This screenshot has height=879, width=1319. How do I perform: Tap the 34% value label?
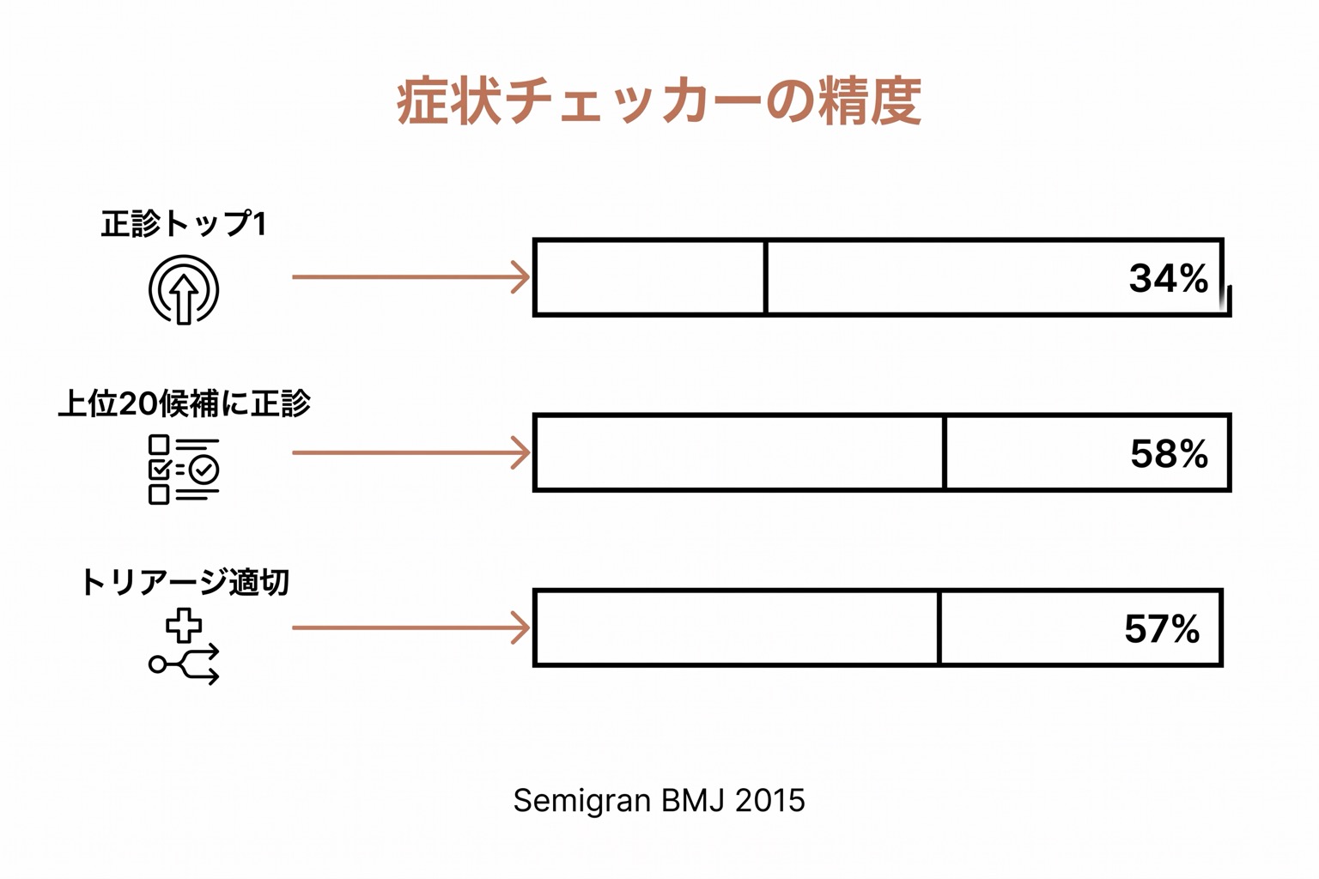[1168, 278]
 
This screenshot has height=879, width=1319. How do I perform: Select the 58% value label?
[1169, 454]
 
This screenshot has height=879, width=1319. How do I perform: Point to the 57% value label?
[1162, 629]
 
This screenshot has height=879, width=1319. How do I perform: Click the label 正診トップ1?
[184, 224]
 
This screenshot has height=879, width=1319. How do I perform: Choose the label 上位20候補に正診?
[185, 404]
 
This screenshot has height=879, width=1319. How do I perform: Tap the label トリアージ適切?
[185, 582]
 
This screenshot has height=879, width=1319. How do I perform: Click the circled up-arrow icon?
[184, 289]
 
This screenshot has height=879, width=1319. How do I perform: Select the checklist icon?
[184, 470]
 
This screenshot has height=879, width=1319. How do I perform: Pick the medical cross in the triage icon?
[184, 625]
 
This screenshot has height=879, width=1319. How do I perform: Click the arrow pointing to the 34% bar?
[411, 276]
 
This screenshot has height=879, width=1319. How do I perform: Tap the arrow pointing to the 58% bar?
[411, 452]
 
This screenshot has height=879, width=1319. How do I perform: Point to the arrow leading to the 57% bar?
[411, 627]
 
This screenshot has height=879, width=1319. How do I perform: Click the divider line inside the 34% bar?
[765, 277]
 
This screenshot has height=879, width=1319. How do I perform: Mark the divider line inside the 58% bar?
[945, 452]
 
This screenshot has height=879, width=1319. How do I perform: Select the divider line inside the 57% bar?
[939, 627]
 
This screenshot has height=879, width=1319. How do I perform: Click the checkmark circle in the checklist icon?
[205, 470]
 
